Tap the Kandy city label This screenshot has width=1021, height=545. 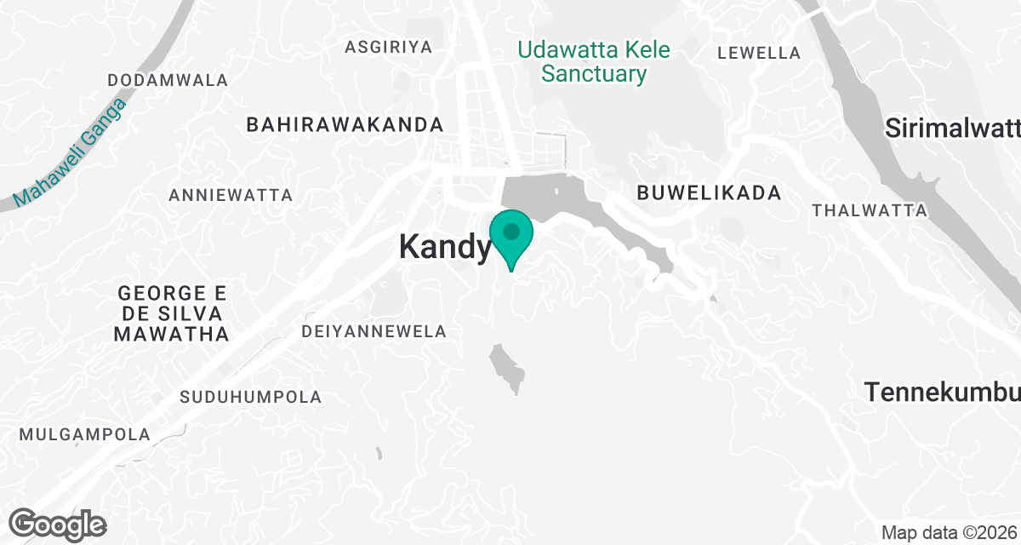pyautogui.click(x=445, y=247)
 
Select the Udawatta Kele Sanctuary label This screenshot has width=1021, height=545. pyautogui.click(x=594, y=61)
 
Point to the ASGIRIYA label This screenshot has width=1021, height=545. pyautogui.click(x=389, y=47)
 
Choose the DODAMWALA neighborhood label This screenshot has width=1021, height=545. pyautogui.click(x=168, y=80)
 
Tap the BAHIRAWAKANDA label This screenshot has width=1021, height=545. pyautogui.click(x=345, y=124)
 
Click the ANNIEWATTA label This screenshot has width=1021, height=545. pyautogui.click(x=231, y=195)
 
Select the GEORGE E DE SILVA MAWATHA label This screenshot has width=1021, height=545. pyautogui.click(x=172, y=313)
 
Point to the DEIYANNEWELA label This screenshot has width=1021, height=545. pyautogui.click(x=374, y=331)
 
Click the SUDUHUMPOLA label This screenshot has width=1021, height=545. pyautogui.click(x=251, y=397)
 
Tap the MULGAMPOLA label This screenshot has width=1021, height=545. pyautogui.click(x=85, y=434)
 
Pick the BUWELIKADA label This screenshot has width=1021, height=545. pyautogui.click(x=709, y=193)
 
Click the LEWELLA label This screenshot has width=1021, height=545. pyautogui.click(x=759, y=53)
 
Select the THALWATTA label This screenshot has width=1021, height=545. pyautogui.click(x=870, y=209)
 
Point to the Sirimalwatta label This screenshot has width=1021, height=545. pyautogui.click(x=952, y=129)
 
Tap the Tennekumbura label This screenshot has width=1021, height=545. pyautogui.click(x=942, y=393)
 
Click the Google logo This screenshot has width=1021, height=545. pyautogui.click(x=57, y=523)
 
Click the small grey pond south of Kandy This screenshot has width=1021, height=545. pyautogui.click(x=506, y=366)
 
